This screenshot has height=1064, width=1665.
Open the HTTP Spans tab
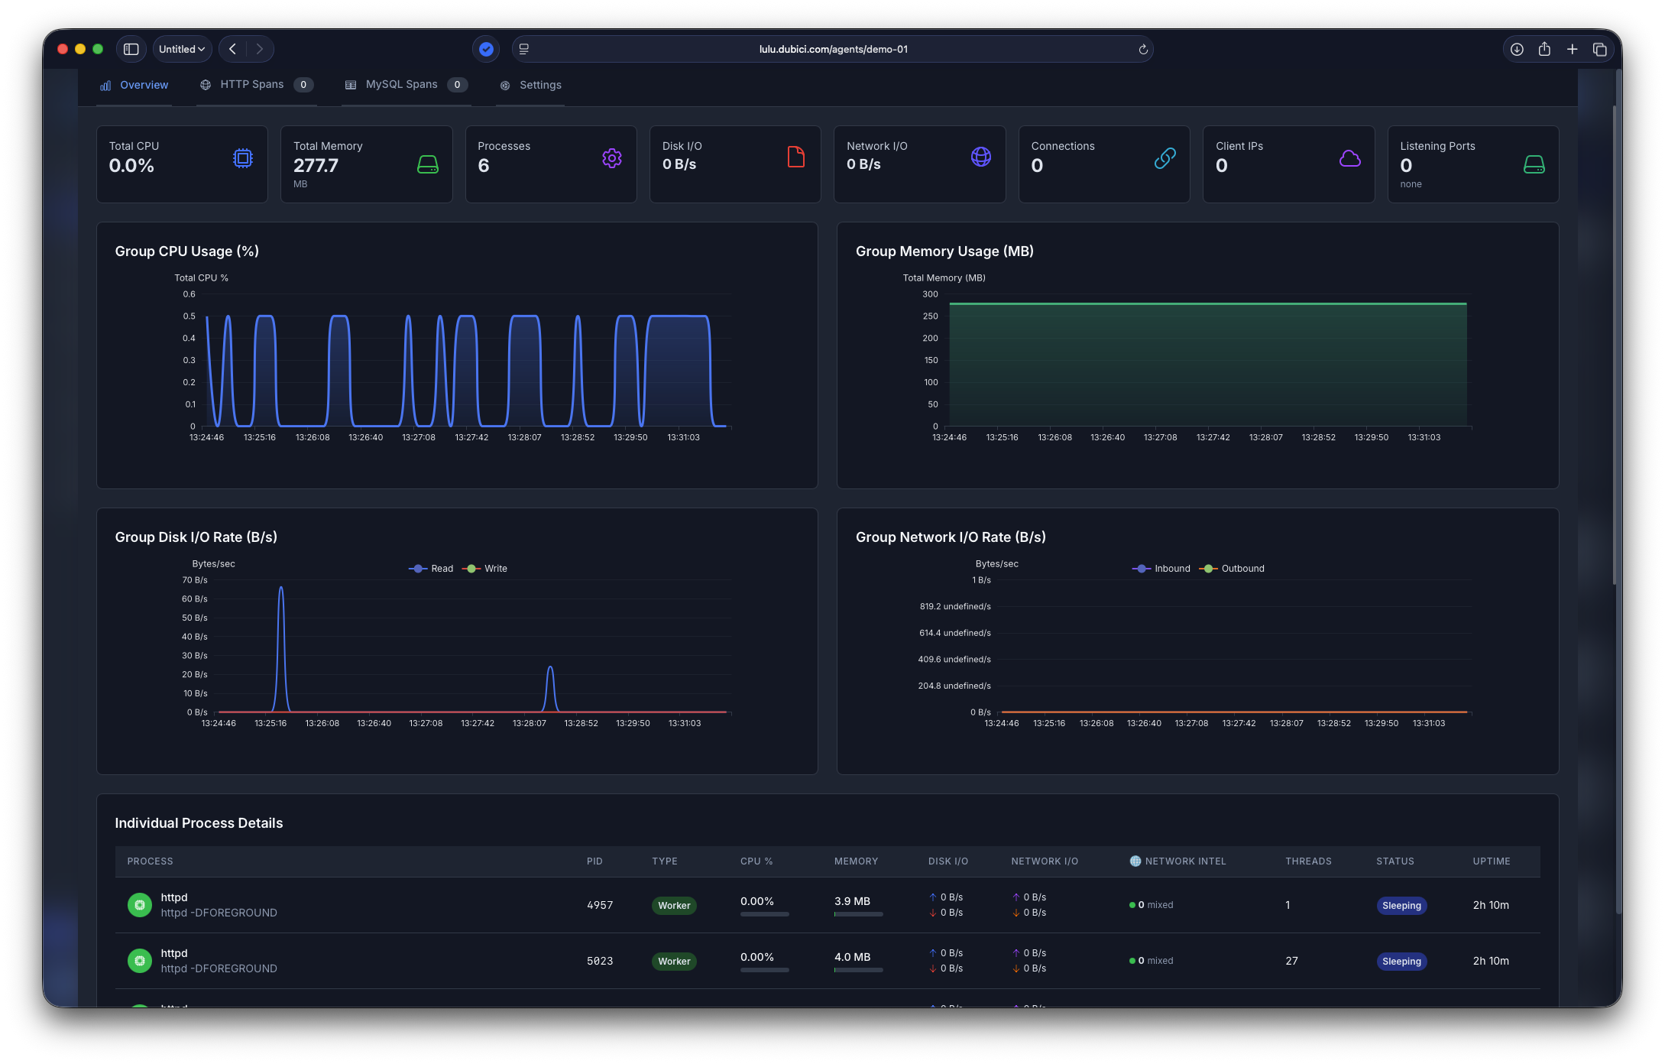(x=251, y=85)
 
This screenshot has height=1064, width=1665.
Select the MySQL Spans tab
(x=401, y=85)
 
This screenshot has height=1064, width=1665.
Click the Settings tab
(x=539, y=86)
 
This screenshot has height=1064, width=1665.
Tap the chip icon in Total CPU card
(x=242, y=158)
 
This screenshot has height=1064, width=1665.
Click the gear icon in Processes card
(x=611, y=158)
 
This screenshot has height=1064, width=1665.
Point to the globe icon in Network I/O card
(x=980, y=157)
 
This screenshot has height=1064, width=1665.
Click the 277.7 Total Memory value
(x=316, y=165)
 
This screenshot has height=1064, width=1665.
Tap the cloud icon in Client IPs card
(x=1349, y=158)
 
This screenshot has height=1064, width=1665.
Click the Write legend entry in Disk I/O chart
(x=494, y=569)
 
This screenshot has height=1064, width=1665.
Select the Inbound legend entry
(x=1171, y=569)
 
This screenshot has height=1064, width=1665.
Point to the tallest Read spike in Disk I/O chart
(x=281, y=589)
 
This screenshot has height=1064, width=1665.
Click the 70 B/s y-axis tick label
(x=195, y=580)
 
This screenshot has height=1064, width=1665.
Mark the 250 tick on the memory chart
(x=930, y=316)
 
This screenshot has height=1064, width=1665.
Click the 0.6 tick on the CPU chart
(x=189, y=294)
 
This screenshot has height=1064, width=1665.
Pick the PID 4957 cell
(x=599, y=905)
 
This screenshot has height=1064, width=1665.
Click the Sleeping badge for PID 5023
(x=1401, y=962)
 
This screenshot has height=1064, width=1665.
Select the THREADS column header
(x=1307, y=861)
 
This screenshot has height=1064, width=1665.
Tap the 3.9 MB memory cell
(x=852, y=901)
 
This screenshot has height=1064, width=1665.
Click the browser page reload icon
(x=1142, y=50)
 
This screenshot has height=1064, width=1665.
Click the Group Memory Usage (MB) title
(x=944, y=251)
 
